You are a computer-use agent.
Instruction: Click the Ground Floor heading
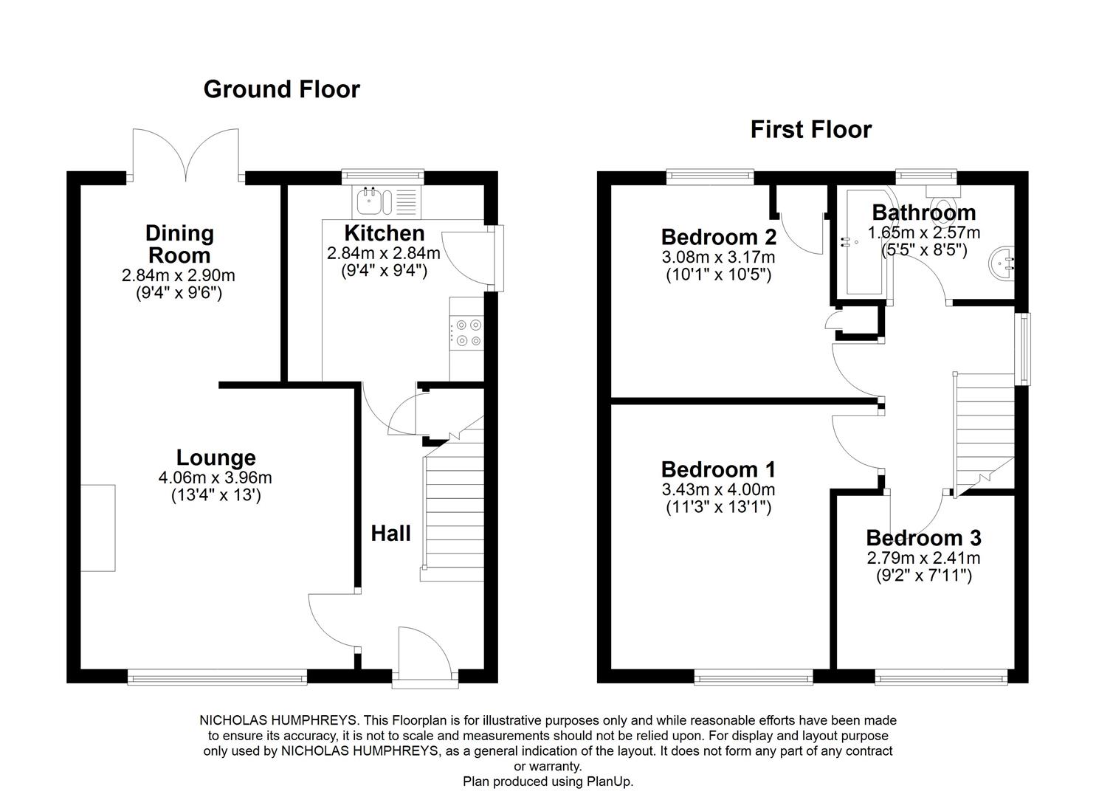[x=281, y=89]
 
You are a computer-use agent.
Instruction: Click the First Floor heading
[x=811, y=130]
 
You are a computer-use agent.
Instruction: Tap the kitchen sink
[x=374, y=201]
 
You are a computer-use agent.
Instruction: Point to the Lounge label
[x=216, y=458]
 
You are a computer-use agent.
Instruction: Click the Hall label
[x=390, y=534]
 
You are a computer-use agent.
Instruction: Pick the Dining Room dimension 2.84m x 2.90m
[x=178, y=275]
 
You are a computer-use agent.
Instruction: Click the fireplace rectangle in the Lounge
[x=98, y=528]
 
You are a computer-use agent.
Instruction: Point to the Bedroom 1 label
[x=718, y=469]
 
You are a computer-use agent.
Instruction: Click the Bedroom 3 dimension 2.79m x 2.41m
[x=923, y=557]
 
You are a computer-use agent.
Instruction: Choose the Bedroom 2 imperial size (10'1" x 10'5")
[x=718, y=275]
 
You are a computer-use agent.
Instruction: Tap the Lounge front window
[x=217, y=677]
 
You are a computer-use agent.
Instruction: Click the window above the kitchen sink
[x=382, y=176]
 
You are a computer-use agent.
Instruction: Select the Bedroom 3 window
[x=941, y=677]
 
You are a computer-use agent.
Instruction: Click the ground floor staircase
[x=452, y=509]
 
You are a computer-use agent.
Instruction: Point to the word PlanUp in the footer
[x=610, y=782]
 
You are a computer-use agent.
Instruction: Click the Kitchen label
[x=384, y=233]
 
